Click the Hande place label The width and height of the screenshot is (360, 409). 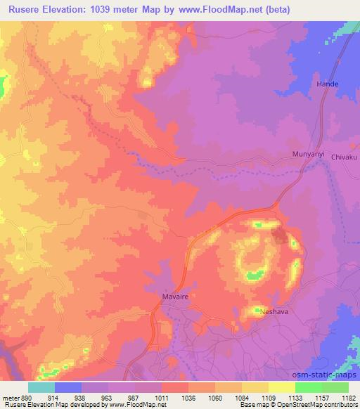tap(327, 84)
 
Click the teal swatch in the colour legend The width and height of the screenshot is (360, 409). tap(41, 387)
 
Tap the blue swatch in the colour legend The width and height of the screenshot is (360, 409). tap(68, 387)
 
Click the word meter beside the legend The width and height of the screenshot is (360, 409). tap(10, 397)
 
